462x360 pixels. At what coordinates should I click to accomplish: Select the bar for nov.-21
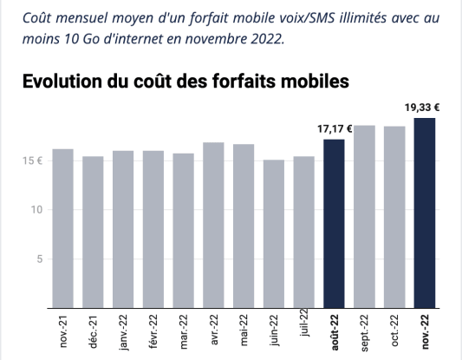coord(62,228)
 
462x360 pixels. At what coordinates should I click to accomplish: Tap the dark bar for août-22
coord(334,223)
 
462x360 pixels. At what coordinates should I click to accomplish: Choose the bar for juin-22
coord(274,233)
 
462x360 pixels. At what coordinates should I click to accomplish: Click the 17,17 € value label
coord(335,129)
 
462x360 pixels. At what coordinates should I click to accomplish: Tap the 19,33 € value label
coord(424,108)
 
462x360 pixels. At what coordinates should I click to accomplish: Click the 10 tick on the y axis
coord(34,210)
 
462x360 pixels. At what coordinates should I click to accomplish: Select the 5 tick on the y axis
coord(36,259)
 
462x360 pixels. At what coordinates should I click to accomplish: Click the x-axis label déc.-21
coord(94,333)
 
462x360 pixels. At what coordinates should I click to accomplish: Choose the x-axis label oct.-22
coord(395,333)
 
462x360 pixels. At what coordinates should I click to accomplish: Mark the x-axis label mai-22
coord(244,333)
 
